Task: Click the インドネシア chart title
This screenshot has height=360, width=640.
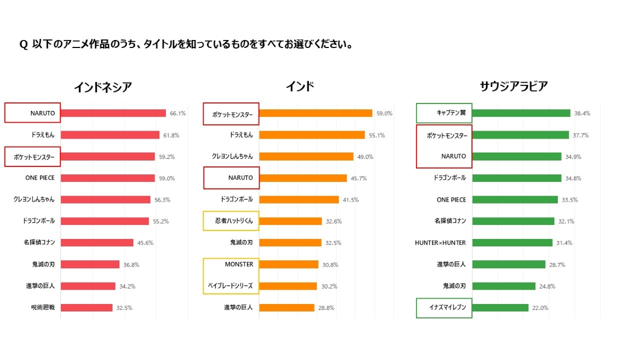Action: (x=102, y=87)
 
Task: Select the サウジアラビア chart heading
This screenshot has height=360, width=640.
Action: (x=513, y=86)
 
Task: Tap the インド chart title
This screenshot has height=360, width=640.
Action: (x=300, y=86)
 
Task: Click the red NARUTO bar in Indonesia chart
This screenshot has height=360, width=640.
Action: (x=113, y=113)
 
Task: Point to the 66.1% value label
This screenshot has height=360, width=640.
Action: (x=178, y=113)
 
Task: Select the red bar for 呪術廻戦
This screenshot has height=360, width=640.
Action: (x=86, y=308)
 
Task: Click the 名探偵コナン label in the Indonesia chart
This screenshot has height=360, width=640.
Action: (x=39, y=243)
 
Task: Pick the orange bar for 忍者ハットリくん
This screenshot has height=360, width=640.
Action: (x=290, y=221)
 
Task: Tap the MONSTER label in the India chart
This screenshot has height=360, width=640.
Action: (x=239, y=264)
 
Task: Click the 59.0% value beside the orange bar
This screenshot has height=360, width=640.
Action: (x=384, y=113)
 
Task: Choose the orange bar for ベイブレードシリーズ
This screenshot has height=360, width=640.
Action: (x=287, y=286)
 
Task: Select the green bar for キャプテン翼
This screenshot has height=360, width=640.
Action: (x=521, y=113)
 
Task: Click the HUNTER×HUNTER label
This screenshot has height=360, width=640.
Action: (x=441, y=243)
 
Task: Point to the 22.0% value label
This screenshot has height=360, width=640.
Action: (x=540, y=308)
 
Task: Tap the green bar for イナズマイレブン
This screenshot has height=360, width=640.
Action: (x=500, y=308)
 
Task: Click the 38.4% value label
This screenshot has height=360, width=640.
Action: (x=582, y=113)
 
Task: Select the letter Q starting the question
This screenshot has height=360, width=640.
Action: (x=23, y=45)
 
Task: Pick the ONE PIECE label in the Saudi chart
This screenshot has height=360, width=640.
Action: (x=451, y=199)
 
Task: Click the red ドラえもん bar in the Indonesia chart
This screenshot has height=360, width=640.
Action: (x=110, y=135)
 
